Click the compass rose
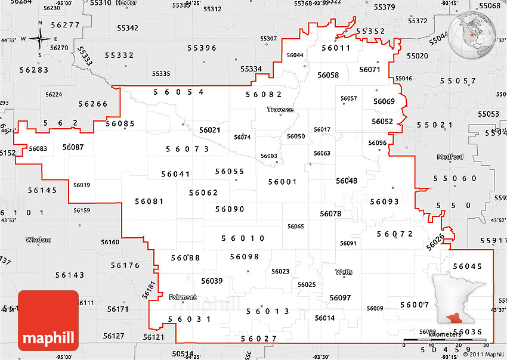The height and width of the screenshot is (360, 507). pyautogui.click(x=40, y=39)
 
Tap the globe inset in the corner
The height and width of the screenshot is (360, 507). pyautogui.click(x=475, y=34)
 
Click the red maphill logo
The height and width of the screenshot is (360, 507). pyautogui.click(x=48, y=321)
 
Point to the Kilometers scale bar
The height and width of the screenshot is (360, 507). pyautogui.click(x=444, y=340)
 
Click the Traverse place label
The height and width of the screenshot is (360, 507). pyautogui.click(x=280, y=110)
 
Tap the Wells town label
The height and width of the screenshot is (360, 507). pyautogui.click(x=344, y=272)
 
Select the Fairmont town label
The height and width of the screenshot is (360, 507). pyautogui.click(x=183, y=297)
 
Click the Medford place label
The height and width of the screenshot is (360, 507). pyautogui.click(x=450, y=157)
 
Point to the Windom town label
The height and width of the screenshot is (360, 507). pyautogui.click(x=38, y=240)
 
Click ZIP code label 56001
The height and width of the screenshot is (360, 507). pyautogui.click(x=282, y=182)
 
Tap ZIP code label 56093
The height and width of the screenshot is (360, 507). pyautogui.click(x=384, y=201)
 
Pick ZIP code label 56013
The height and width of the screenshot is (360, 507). pyautogui.click(x=268, y=311)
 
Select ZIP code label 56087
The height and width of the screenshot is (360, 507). pyautogui.click(x=73, y=147)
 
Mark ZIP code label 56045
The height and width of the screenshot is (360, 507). pyautogui.click(x=467, y=266)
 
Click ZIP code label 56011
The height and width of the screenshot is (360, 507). pyautogui.click(x=335, y=48)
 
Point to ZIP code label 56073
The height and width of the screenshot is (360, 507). pyautogui.click(x=187, y=149)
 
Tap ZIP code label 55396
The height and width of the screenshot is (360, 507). pyautogui.click(x=202, y=48)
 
